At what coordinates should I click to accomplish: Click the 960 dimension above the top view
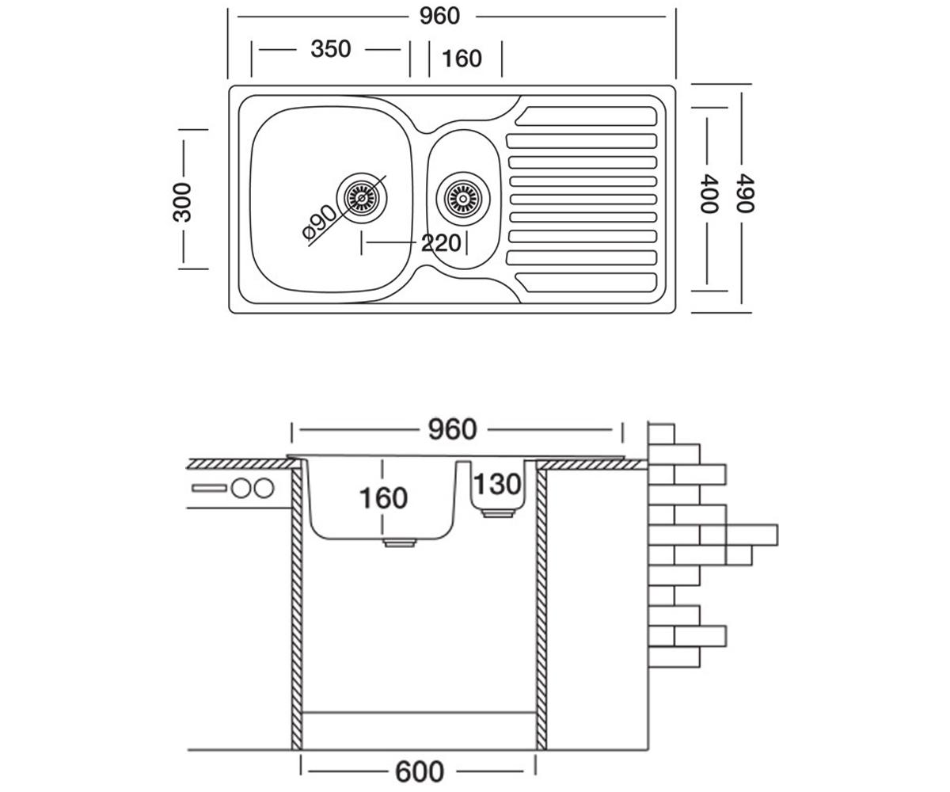(439, 17)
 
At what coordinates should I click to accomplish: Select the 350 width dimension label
(331, 49)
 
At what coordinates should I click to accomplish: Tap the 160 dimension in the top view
(462, 59)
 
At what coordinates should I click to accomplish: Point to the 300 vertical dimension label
(182, 202)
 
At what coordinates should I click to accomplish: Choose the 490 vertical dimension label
(745, 193)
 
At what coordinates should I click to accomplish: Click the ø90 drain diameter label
(319, 222)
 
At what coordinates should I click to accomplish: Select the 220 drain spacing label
(441, 243)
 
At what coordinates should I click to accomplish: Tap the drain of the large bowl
(362, 198)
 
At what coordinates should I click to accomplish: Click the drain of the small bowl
(462, 198)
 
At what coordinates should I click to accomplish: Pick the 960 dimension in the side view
(452, 429)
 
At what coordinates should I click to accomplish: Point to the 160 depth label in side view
(383, 498)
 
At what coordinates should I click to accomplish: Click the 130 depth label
(497, 484)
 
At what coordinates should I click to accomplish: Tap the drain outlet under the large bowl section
(400, 543)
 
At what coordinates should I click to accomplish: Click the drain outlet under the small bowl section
(498, 514)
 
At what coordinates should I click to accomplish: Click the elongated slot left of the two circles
(209, 489)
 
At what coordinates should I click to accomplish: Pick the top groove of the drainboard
(586, 116)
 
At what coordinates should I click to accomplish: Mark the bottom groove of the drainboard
(586, 283)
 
